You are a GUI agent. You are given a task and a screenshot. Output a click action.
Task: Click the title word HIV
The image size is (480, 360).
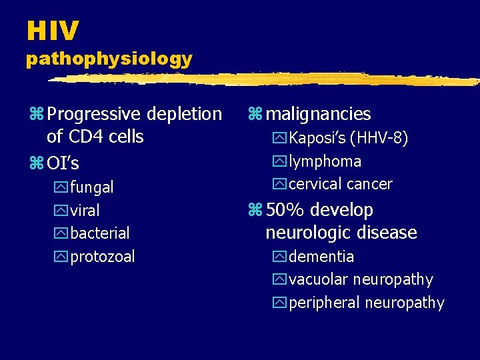pos(53,31)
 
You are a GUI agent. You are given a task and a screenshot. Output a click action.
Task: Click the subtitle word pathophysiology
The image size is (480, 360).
pos(109,59)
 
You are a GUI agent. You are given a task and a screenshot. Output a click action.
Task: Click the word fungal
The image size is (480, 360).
pos(91,187)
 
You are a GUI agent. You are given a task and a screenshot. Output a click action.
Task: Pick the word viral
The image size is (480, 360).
pos(85,211)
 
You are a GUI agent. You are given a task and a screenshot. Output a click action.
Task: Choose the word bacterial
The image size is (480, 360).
pos(99,233)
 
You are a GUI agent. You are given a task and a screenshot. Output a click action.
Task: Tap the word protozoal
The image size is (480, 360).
pos(102,257)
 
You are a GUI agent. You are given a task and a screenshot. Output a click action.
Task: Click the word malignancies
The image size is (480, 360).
pos(318,115)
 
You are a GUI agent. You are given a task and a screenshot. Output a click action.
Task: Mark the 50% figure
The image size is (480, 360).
pos(286,211)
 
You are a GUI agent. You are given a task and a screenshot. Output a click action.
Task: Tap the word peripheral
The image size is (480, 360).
pos(324,303)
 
